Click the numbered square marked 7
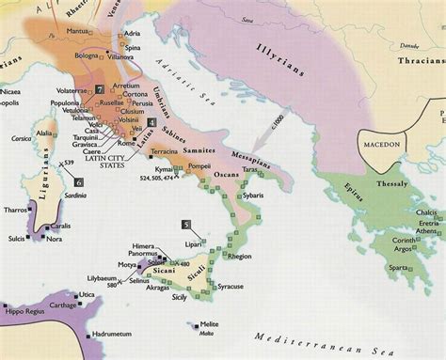click(x=99, y=88)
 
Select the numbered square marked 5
click(x=186, y=225)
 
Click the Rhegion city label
click(x=239, y=256)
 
